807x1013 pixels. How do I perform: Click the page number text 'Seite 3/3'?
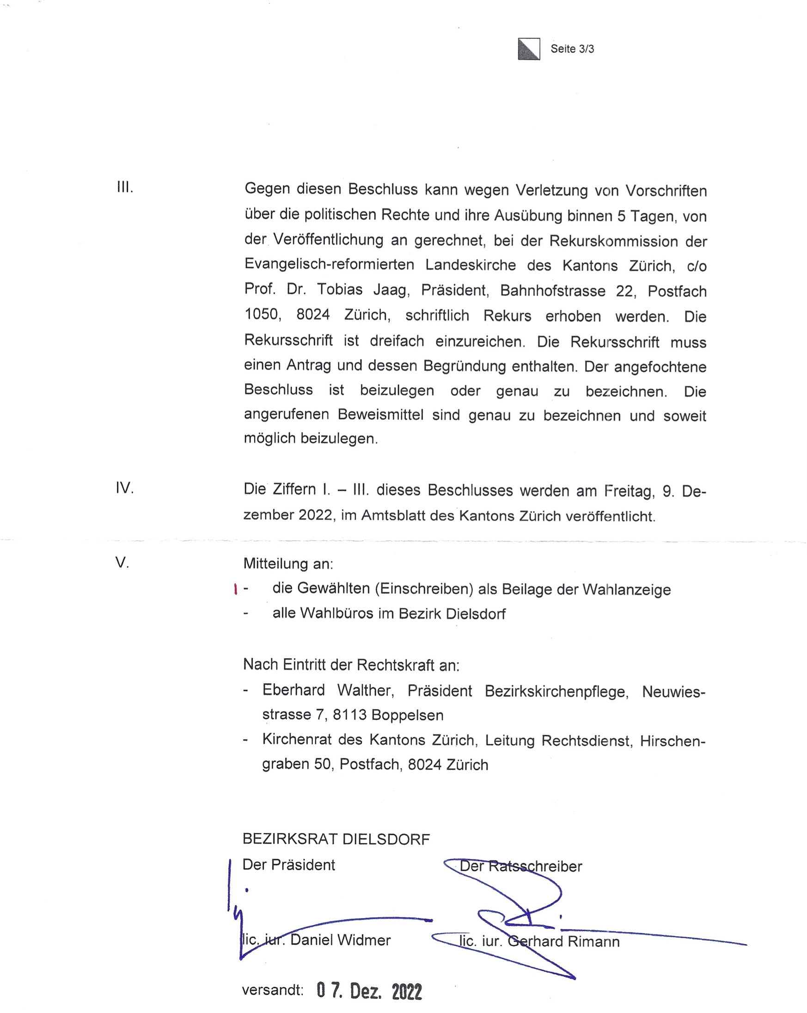572,49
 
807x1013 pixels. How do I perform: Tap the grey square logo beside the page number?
529,49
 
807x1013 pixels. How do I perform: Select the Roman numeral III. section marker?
125,188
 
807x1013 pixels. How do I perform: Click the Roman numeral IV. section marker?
125,488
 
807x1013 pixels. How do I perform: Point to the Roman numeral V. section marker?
122,562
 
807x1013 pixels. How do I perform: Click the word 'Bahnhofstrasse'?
552,291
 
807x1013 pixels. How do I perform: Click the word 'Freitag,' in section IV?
629,491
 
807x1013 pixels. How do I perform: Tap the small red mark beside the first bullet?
235,589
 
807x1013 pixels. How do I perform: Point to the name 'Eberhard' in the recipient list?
293,690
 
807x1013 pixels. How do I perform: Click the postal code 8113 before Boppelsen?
349,715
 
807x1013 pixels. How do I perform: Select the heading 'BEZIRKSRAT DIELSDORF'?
336,839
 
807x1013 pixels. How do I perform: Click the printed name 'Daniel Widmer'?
340,940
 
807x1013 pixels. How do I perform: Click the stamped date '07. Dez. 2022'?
369,991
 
